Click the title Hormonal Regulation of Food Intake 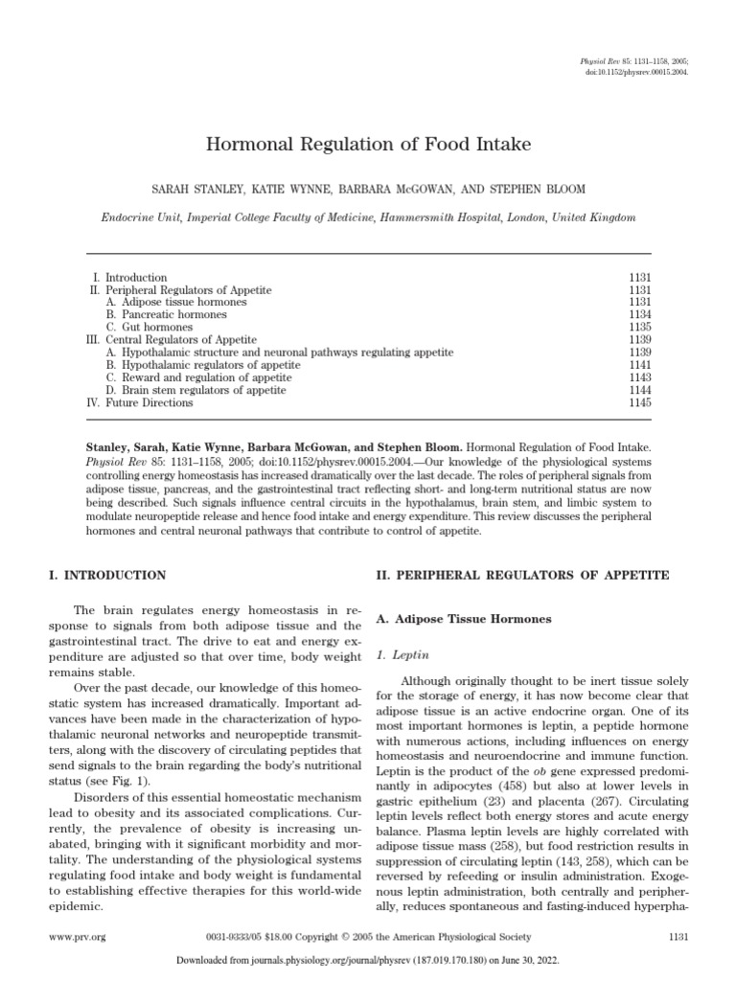(x=368, y=146)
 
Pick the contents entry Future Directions (x=149, y=402)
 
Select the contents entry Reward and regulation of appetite (x=196, y=377)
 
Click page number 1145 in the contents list (x=638, y=402)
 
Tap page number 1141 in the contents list (x=638, y=365)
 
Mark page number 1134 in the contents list (x=638, y=314)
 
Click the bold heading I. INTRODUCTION (x=106, y=576)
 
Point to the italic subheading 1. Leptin (x=396, y=655)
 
